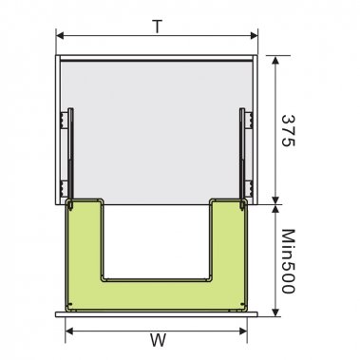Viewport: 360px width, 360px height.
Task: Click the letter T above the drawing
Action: (157, 26)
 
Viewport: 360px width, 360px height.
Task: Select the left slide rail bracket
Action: (67, 152)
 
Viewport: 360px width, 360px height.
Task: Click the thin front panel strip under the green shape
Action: (157, 311)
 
